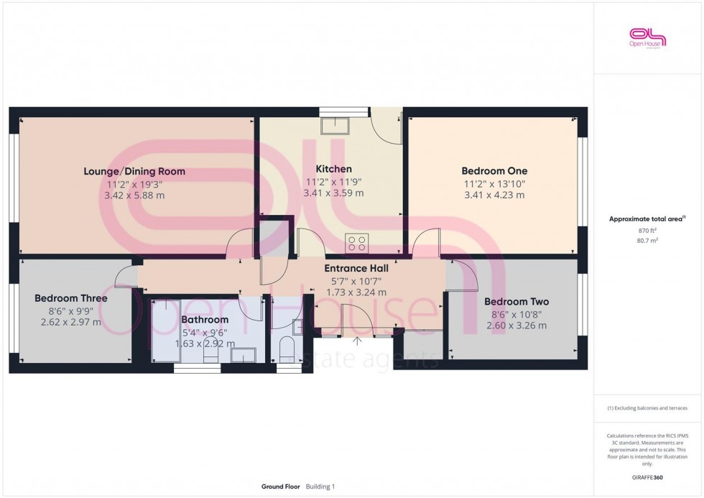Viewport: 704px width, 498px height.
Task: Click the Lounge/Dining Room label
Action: click(x=134, y=171)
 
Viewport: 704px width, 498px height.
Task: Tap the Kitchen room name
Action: click(x=334, y=169)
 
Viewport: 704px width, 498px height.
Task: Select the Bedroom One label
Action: click(x=494, y=171)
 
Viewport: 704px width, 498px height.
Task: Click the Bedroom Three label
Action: click(x=71, y=298)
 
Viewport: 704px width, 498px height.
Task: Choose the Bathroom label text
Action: click(x=205, y=319)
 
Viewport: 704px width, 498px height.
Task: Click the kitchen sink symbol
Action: click(x=335, y=126)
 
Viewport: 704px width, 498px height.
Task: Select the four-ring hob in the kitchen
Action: click(x=356, y=243)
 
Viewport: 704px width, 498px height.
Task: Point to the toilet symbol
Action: click(x=286, y=349)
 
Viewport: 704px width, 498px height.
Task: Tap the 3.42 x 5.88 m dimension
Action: click(x=134, y=195)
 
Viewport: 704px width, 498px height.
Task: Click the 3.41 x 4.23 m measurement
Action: click(x=494, y=195)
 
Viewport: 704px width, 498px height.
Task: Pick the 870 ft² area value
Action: click(x=648, y=231)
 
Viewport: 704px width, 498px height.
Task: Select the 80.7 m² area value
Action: click(x=648, y=241)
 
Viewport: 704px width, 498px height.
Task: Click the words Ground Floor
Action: click(x=281, y=487)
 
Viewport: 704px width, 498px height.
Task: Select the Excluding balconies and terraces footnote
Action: click(x=647, y=408)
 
